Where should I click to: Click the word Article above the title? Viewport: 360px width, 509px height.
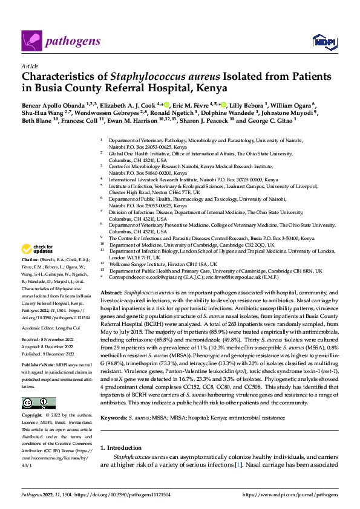(30, 65)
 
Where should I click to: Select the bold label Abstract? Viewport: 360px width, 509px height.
(111, 292)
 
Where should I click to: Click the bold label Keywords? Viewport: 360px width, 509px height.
(113, 417)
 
